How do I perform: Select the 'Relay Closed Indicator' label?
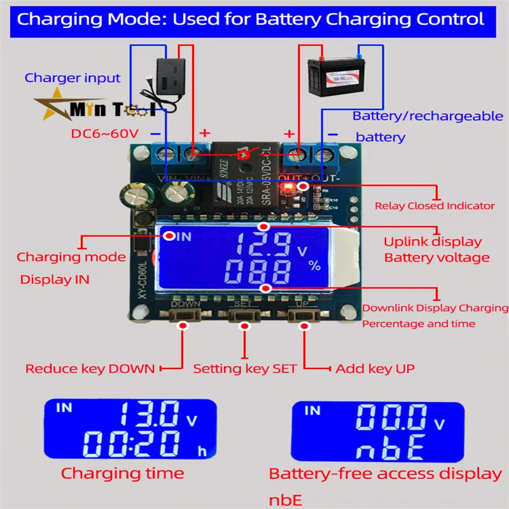(435, 206)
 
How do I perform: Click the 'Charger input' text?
(73, 78)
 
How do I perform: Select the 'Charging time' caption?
(123, 473)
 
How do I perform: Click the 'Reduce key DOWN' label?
(90, 368)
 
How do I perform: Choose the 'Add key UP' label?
(375, 368)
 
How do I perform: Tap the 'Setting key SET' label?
(245, 368)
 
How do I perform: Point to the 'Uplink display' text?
(433, 242)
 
